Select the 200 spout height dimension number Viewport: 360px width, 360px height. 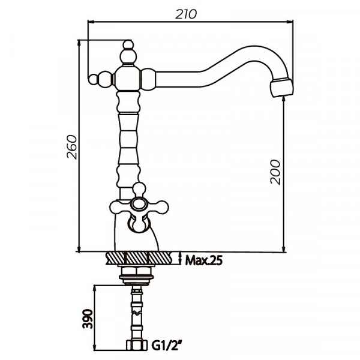275,172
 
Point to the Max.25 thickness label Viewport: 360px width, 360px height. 205,260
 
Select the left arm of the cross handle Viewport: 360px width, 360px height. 118,208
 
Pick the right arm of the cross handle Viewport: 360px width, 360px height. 158,207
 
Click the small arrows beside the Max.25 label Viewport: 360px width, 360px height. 181,259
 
